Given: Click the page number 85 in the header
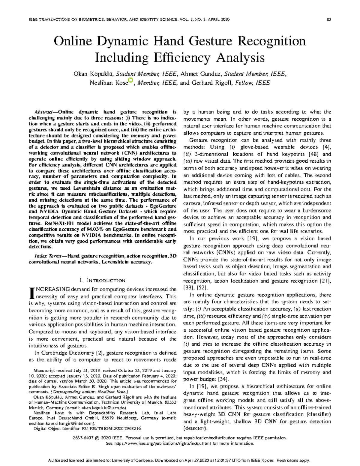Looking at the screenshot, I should click(329, 20).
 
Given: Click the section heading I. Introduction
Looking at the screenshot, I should click(102, 281).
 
